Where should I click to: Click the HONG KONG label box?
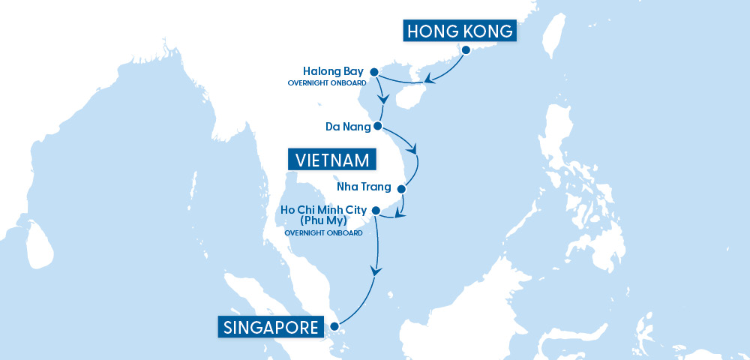(x=460, y=31)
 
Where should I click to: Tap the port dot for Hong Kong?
(x=466, y=51)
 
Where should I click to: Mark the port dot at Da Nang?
(x=378, y=126)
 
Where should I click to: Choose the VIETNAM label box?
(x=332, y=160)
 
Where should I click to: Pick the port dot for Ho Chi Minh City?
(x=376, y=210)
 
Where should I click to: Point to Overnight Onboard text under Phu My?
(x=324, y=233)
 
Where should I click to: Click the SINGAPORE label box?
(x=272, y=326)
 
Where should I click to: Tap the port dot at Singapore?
(x=333, y=325)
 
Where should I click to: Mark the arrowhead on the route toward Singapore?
(x=376, y=272)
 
